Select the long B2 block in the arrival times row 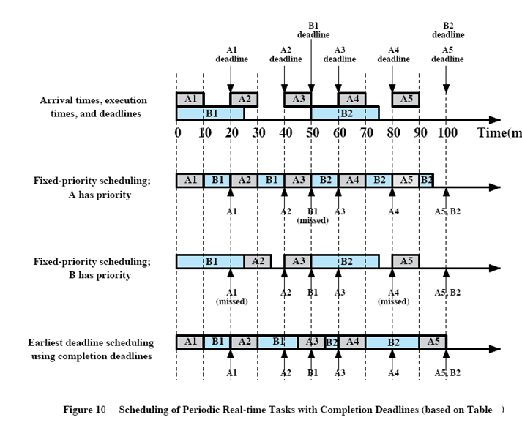tap(345, 113)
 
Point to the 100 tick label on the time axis tap(447, 134)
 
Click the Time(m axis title tap(499, 133)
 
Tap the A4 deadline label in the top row tap(393, 55)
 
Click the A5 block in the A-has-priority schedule tap(406, 180)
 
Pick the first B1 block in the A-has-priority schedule tap(217, 180)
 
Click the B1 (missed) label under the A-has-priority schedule tap(312, 215)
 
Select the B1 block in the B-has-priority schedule tap(210, 260)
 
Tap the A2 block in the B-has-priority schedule tap(258, 260)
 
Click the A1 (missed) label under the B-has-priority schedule tap(231, 296)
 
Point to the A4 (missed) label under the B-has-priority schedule tap(393, 296)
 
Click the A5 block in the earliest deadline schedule tap(433, 341)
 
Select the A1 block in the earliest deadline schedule tap(190, 341)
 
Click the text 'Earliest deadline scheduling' tap(92, 342)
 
